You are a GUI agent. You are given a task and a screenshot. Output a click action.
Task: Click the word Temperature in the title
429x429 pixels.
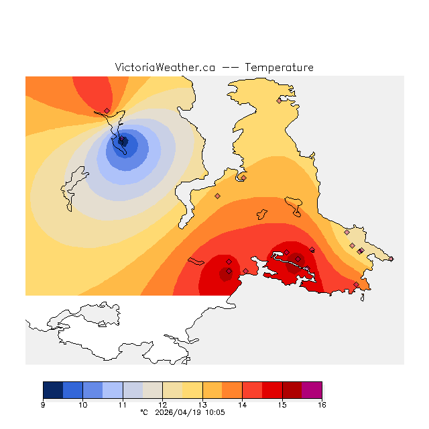tap(279, 68)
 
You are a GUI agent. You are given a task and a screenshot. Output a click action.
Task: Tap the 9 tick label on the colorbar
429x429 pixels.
tap(43, 405)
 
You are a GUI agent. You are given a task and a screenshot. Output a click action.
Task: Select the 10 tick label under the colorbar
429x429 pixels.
tap(82, 405)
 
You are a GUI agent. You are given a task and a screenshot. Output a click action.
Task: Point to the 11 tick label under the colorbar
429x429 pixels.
tap(123, 405)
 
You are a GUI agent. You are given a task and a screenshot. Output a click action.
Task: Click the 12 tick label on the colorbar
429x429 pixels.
tap(162, 405)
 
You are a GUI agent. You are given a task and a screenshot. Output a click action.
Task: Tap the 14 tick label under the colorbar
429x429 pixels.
tap(242, 405)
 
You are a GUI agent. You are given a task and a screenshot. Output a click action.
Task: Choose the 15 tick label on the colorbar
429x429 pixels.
tap(282, 405)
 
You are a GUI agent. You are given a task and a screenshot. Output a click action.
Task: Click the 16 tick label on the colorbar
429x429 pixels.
tap(322, 405)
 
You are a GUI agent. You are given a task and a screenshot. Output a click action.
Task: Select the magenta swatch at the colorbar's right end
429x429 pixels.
tap(312, 390)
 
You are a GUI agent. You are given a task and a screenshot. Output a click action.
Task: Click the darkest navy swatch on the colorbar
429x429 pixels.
tap(53, 390)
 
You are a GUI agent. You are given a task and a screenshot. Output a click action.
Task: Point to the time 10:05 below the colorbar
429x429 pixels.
tap(215, 413)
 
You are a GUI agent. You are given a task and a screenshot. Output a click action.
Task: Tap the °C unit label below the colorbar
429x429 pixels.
tap(143, 413)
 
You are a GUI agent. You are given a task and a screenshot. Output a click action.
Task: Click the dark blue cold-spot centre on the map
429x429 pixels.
tap(123, 141)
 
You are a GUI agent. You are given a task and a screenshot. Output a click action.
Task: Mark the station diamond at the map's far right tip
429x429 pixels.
tap(391, 259)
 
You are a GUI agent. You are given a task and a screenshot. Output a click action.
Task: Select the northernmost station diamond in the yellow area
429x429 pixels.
tap(280, 101)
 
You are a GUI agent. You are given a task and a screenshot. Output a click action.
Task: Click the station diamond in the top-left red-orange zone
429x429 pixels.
tap(107, 111)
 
